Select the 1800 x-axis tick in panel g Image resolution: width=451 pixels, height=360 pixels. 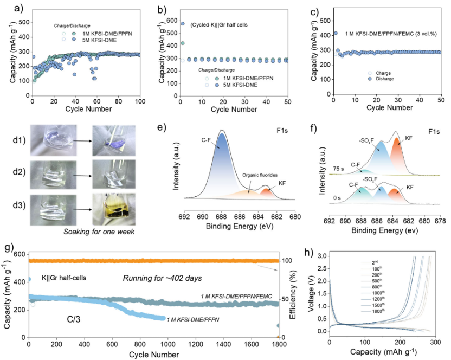tap(278, 344)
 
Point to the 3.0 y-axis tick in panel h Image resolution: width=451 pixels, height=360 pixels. tap(321, 255)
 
